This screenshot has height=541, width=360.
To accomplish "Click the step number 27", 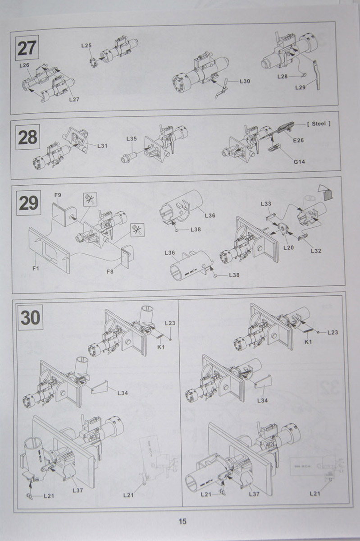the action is pyautogui.click(x=27, y=48).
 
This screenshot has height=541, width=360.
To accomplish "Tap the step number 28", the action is pyautogui.click(x=28, y=137).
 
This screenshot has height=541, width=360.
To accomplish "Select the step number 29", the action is pyautogui.click(x=28, y=203).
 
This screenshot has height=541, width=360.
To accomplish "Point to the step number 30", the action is pyautogui.click(x=31, y=317).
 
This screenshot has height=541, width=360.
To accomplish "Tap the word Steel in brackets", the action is pyautogui.click(x=319, y=124).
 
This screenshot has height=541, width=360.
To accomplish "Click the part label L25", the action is pyautogui.click(x=86, y=46).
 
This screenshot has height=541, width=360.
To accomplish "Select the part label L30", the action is pyautogui.click(x=245, y=82).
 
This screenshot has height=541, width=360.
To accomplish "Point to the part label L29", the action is pyautogui.click(x=301, y=87).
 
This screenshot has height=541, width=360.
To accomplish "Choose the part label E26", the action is pyautogui.click(x=298, y=140).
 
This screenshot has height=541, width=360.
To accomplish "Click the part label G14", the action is pyautogui.click(x=299, y=162).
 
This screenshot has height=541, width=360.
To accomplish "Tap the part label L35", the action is pyautogui.click(x=132, y=139).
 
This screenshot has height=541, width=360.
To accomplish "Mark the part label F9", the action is pyautogui.click(x=58, y=195).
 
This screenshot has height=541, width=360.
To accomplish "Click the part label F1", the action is pyautogui.click(x=36, y=268).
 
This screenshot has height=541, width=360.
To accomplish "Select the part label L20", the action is pyautogui.click(x=288, y=248).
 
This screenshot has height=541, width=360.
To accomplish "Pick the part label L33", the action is pyautogui.click(x=266, y=204).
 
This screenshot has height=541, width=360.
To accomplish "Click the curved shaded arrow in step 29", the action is pyautogui.click(x=325, y=192).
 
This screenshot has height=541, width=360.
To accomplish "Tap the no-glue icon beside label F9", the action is pyautogui.click(x=90, y=199).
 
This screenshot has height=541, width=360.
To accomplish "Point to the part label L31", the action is pyautogui.click(x=102, y=146).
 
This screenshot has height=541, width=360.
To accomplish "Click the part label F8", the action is pyautogui.click(x=110, y=272).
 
